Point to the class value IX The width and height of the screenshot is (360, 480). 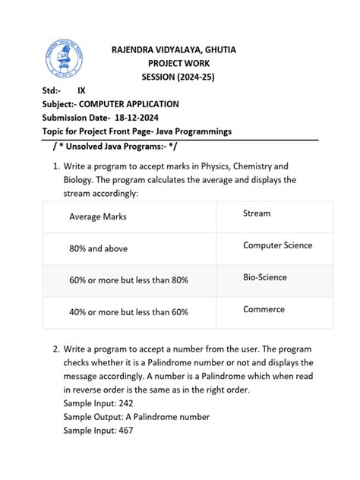[x=82, y=91]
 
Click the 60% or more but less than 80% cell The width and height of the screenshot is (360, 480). [x=128, y=280]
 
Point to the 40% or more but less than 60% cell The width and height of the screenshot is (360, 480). [x=128, y=312]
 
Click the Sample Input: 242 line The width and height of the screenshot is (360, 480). [x=98, y=403]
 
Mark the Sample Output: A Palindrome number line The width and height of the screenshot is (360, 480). [x=137, y=417]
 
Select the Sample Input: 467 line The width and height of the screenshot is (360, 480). [x=98, y=431]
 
